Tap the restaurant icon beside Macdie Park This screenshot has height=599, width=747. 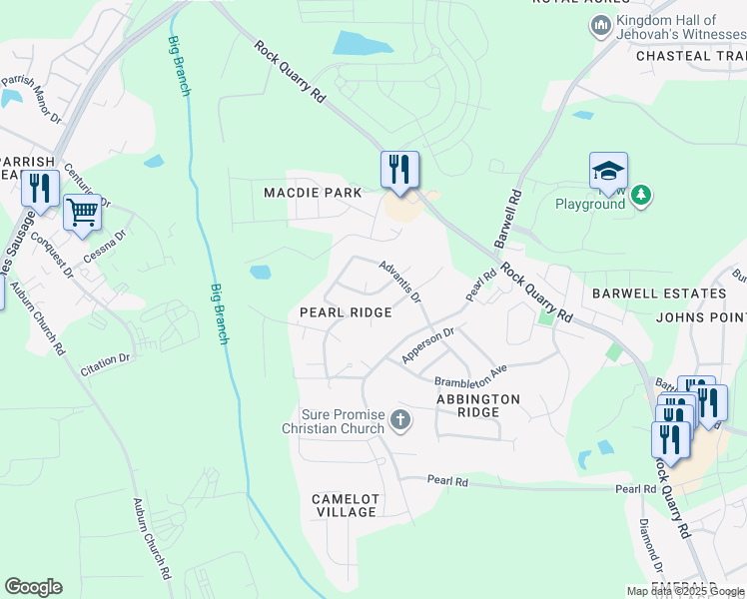click(x=399, y=168)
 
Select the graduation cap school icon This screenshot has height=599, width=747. click(x=608, y=172)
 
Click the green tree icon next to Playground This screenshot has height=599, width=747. click(x=640, y=195)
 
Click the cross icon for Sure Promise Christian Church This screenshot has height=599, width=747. click(x=399, y=419)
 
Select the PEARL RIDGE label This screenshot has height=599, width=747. click(x=346, y=312)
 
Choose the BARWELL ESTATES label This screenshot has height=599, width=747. click(x=659, y=294)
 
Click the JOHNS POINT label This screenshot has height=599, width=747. click(x=701, y=317)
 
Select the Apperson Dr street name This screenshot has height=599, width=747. click(x=427, y=344)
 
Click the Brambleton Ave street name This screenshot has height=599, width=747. click(x=470, y=376)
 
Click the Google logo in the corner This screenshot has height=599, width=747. click(x=34, y=587)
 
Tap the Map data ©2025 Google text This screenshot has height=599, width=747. click(x=685, y=591)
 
